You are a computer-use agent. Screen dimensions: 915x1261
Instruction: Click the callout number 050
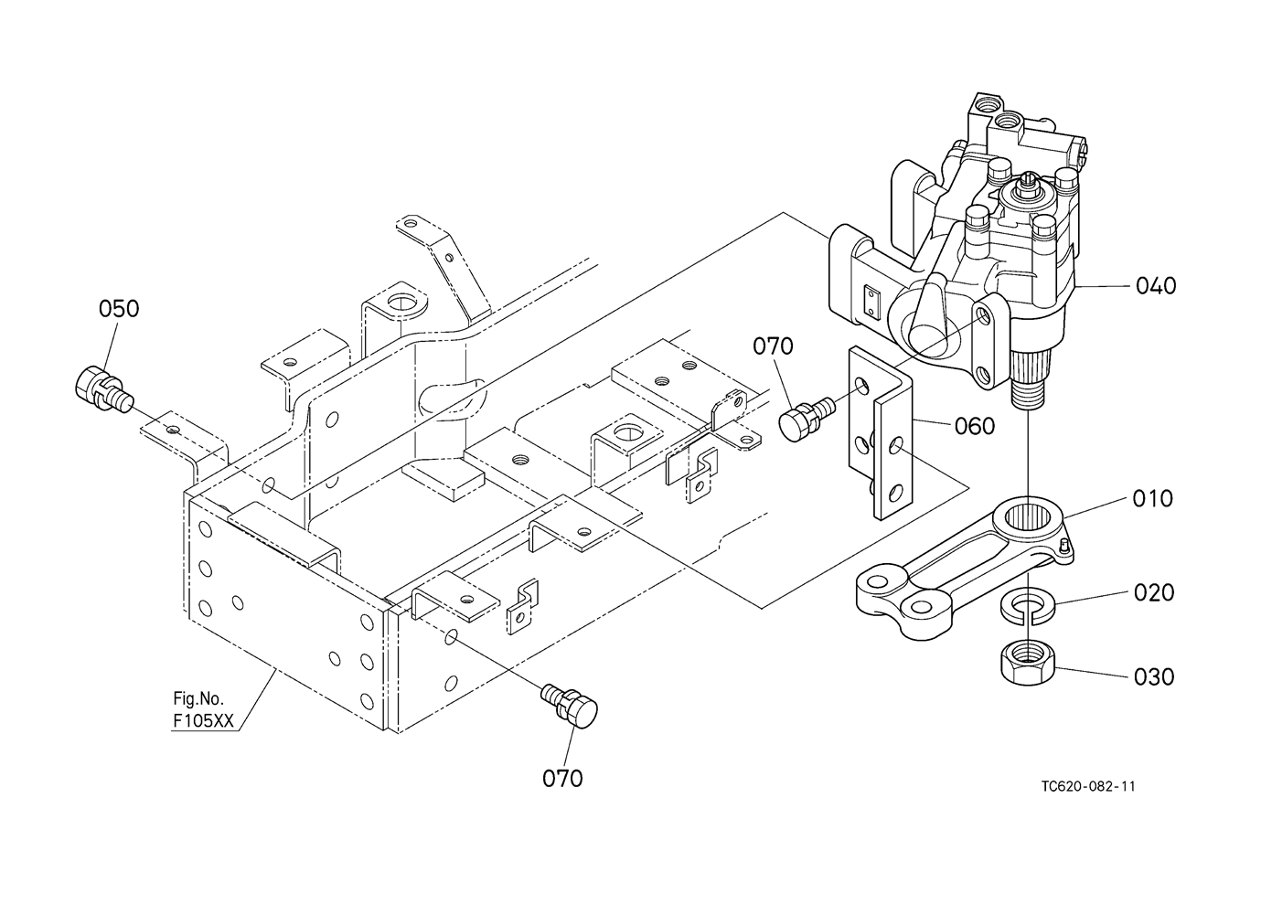[119, 309]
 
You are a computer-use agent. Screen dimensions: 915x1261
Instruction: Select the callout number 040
[1156, 286]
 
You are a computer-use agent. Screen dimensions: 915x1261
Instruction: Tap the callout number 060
[975, 426]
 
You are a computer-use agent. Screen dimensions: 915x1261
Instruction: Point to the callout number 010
[1152, 499]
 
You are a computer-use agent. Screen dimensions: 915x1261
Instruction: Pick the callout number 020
[1153, 593]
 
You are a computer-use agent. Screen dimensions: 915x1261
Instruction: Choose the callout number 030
[1153, 677]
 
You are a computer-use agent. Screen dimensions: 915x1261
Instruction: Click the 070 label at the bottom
[562, 779]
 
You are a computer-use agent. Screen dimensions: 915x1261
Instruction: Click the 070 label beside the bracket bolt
[774, 346]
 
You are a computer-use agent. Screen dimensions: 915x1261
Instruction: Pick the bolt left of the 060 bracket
[804, 417]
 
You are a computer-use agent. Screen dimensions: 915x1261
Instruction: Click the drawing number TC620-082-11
[1087, 787]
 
